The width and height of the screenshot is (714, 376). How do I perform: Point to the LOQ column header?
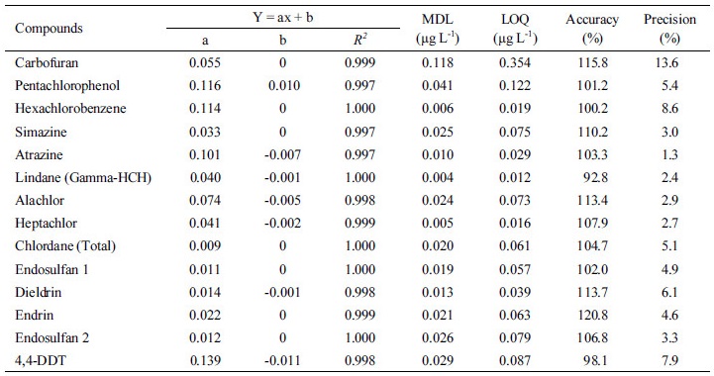coord(515,29)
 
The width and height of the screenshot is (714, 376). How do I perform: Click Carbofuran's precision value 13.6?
coord(670,63)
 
